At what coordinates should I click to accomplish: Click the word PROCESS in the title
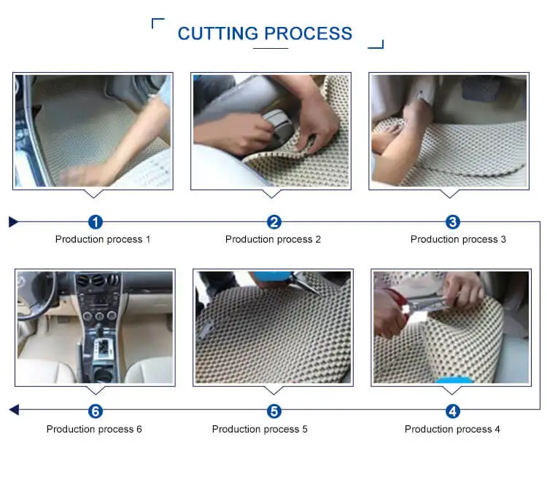point(308,33)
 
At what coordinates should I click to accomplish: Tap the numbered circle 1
point(96,222)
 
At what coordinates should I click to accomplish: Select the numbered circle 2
point(273,222)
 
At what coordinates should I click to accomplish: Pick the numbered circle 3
point(452,222)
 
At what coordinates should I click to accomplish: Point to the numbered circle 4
point(452,411)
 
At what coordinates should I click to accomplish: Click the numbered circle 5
point(273,411)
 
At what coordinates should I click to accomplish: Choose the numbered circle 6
point(96,411)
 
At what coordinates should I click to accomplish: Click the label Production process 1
point(103,240)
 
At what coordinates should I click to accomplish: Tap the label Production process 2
point(273,240)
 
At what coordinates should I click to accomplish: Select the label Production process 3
point(458,240)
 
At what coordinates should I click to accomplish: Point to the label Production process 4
point(452,429)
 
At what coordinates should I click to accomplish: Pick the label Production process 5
point(260,429)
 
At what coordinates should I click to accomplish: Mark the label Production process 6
point(94,429)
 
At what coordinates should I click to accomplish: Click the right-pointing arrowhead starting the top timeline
point(13,221)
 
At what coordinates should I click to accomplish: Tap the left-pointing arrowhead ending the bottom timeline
point(14,410)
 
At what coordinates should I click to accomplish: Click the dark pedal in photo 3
point(481,89)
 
